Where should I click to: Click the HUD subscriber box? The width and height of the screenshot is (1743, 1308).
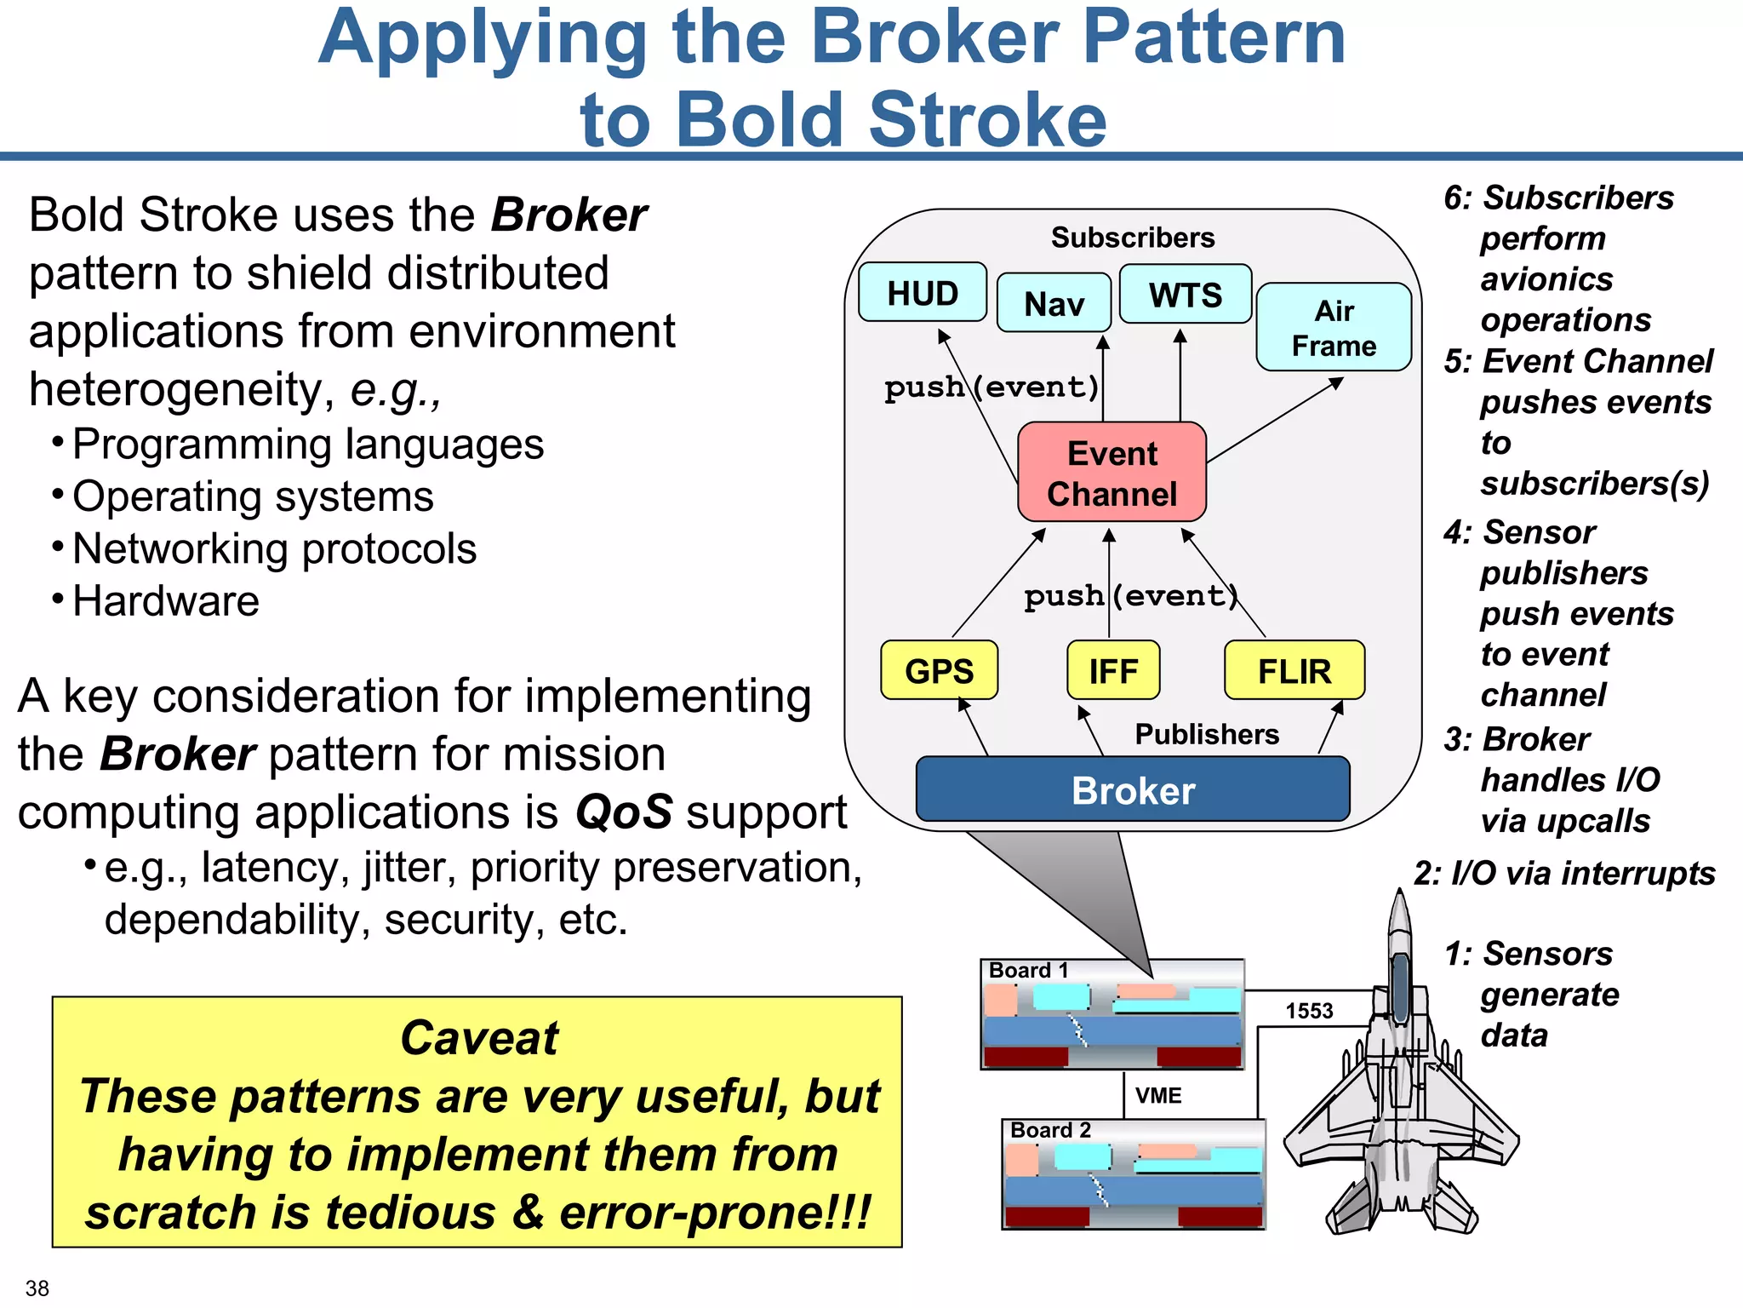(923, 293)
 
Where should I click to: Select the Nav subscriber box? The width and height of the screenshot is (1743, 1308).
(1054, 303)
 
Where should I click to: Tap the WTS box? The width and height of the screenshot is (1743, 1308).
(1185, 295)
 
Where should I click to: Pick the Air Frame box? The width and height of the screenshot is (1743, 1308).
(1334, 328)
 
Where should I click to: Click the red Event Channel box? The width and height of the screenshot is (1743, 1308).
(1112, 473)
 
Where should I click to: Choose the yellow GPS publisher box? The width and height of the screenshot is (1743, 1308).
(939, 671)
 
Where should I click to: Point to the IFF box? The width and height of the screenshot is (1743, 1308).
(1113, 671)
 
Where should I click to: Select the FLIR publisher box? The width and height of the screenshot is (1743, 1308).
(1294, 671)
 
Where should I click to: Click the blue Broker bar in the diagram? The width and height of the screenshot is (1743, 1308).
(1133, 790)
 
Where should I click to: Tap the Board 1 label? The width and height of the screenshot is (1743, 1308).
(1028, 971)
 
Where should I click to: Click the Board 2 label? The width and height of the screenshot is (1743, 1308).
(1050, 1130)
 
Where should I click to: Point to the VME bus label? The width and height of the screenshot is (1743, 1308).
(1158, 1096)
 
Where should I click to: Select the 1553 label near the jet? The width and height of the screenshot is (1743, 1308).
(1309, 1011)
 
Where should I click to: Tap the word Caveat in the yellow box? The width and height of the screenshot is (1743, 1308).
(479, 1038)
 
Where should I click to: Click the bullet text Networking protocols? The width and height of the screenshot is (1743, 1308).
(274, 549)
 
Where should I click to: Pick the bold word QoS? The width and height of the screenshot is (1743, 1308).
(624, 812)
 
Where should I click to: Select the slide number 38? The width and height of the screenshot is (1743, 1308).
(37, 1288)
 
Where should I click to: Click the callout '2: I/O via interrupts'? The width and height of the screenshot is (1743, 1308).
(1564, 874)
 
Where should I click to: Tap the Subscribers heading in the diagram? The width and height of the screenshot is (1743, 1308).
(1132, 238)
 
